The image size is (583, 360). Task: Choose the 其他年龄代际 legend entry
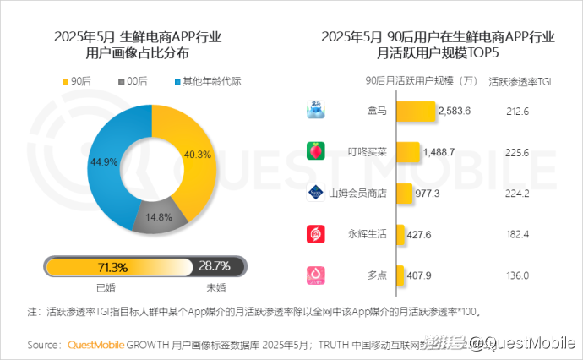207,82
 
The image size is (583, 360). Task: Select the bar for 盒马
414,111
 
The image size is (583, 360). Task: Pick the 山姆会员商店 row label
357,193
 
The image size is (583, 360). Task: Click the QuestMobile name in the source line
95,345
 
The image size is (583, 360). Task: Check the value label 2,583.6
455,111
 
